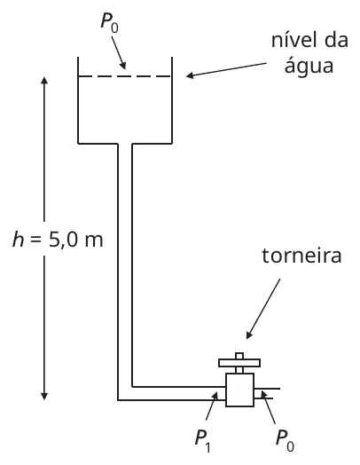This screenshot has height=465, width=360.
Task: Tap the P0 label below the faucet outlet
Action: (285, 442)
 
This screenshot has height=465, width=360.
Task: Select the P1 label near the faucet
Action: (203, 442)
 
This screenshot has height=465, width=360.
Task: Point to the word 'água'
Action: (309, 67)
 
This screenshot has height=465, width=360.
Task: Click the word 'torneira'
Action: (301, 256)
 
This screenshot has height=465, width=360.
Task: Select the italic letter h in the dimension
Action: (19, 239)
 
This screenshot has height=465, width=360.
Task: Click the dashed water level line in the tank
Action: (125, 76)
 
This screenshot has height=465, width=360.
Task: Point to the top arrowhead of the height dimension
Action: (44, 80)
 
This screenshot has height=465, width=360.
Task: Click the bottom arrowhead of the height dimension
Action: (44, 396)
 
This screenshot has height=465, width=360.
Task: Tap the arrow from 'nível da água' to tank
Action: (226, 69)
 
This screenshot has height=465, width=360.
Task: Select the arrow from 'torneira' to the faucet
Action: (263, 309)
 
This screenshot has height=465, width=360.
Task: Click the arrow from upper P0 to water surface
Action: (119, 52)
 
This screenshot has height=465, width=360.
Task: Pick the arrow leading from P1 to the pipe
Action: (212, 406)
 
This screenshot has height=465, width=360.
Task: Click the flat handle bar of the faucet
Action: (239, 363)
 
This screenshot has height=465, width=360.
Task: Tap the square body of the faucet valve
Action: (239, 390)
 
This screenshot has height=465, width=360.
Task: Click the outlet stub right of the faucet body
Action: (267, 393)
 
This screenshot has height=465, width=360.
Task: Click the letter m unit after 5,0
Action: (94, 240)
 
